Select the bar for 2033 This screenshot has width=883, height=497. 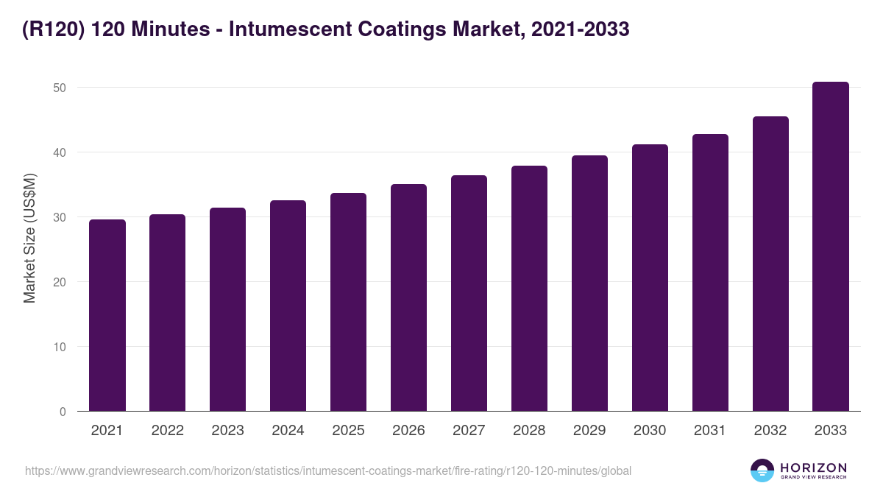(831, 247)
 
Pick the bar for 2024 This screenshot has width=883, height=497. (288, 306)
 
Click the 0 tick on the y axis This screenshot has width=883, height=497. (63, 412)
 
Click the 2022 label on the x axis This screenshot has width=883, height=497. (168, 431)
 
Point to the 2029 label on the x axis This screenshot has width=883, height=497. (589, 431)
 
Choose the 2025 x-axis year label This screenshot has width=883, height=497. (348, 431)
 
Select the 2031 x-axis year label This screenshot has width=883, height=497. (710, 431)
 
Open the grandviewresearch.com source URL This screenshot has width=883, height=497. (328, 470)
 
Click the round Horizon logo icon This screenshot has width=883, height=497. (762, 470)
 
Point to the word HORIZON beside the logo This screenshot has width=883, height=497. (813, 468)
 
